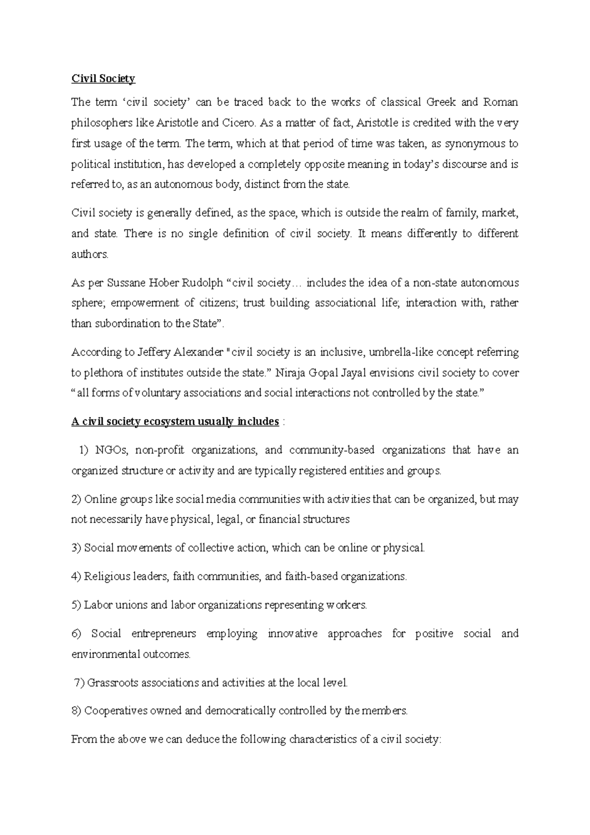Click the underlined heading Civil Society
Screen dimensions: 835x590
click(103, 79)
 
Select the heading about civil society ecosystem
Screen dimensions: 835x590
click(176, 422)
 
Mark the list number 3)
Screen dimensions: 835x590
click(76, 548)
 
